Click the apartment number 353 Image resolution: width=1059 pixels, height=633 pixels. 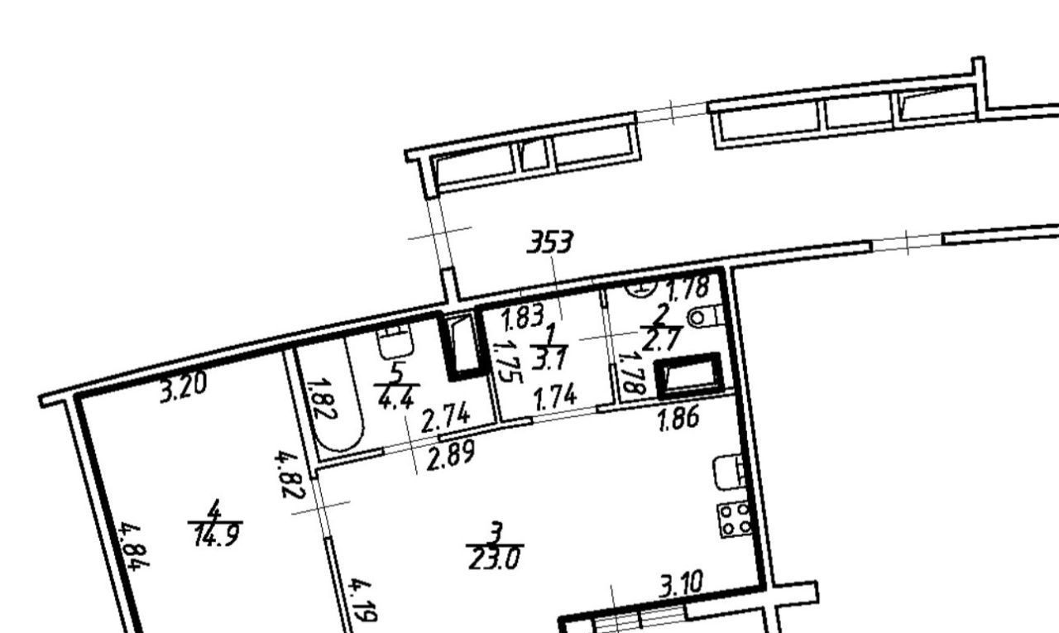tap(550, 242)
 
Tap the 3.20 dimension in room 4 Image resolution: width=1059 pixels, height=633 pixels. tap(184, 387)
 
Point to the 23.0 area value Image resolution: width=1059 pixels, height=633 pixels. tap(494, 559)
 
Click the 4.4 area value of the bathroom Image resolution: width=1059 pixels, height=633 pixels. tap(396, 398)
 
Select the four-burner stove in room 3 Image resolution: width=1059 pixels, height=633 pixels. tap(735, 520)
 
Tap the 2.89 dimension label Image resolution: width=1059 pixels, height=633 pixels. tap(450, 456)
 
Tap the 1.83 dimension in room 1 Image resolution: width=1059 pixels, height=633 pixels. tap(524, 317)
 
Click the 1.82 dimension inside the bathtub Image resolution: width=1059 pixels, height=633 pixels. tap(322, 398)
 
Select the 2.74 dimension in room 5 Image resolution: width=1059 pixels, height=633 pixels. tap(445, 417)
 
